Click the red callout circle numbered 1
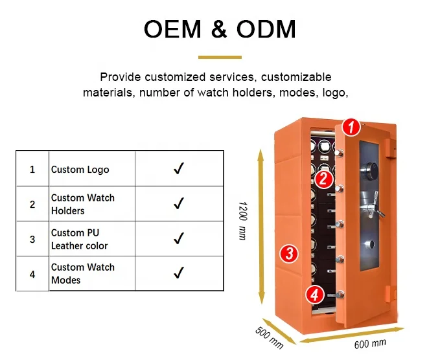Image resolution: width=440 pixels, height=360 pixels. coord(351,127)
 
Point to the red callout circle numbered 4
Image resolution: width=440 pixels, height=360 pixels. coord(314,295)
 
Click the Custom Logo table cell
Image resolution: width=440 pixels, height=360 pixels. coord(80,170)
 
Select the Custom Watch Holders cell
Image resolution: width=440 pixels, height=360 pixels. coord(83,204)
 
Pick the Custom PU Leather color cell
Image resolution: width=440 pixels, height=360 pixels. coord(80,239)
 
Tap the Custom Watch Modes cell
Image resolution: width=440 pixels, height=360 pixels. coord(83,273)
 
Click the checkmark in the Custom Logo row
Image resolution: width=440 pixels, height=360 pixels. coord(179,169)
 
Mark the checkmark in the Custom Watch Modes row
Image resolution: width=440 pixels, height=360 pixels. coord(179,273)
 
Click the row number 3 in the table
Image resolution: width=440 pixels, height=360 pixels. coord(32,239)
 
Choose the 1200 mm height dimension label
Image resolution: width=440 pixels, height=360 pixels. coord(242,220)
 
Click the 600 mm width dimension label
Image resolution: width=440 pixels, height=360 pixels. coord(369,343)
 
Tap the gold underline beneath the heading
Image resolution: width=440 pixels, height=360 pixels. coord(220,58)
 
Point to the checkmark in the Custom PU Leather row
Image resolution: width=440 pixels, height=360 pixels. coord(179,239)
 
